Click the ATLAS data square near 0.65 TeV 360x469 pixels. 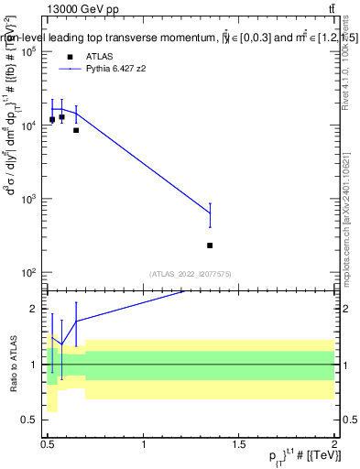pos(76,130)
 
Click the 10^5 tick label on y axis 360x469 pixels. pos(27,52)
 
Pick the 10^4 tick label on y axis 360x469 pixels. pos(27,125)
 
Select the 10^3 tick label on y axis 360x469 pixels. pos(27,199)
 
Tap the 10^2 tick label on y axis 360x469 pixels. pos(27,272)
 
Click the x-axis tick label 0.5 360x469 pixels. pos(48,443)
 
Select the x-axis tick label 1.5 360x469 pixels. pos(239,443)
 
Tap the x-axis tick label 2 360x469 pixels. pos(334,443)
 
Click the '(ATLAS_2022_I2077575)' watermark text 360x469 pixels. pos(191,273)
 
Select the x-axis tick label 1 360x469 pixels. pos(144,443)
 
